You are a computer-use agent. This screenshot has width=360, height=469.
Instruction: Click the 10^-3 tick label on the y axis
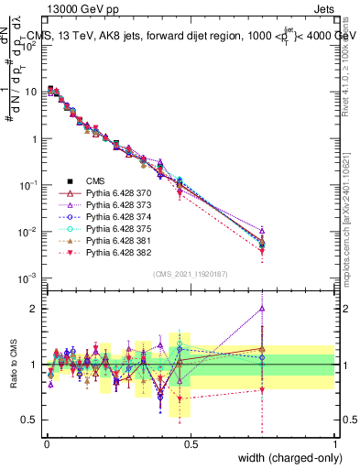(26, 278)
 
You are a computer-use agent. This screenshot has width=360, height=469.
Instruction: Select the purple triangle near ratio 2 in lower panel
(263, 308)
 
